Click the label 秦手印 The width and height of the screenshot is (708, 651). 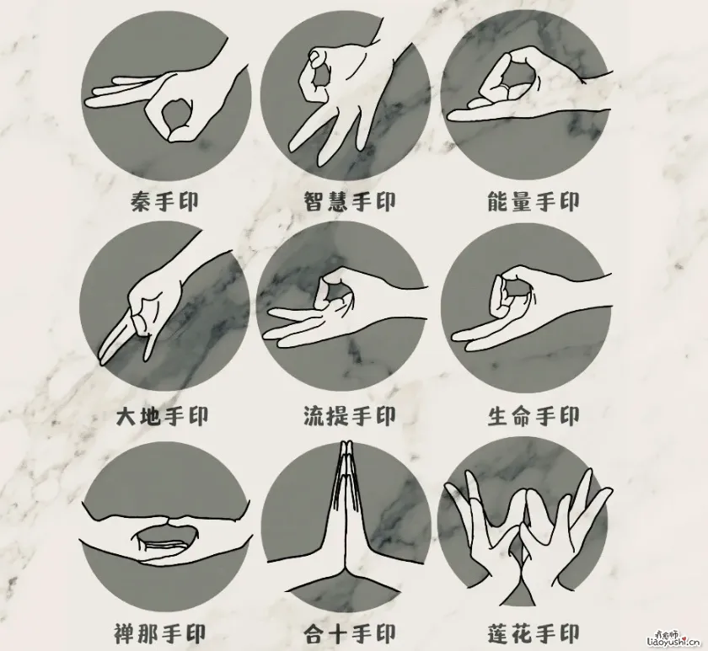click(165, 203)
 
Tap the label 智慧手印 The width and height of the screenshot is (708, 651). click(350, 203)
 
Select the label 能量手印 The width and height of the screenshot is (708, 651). click(534, 203)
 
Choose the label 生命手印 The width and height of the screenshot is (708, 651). click(533, 416)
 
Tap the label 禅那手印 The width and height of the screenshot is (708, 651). click(160, 632)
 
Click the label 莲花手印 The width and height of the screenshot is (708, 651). click(533, 632)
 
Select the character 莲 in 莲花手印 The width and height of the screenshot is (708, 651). click(499, 632)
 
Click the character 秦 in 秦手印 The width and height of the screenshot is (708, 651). click(141, 203)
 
